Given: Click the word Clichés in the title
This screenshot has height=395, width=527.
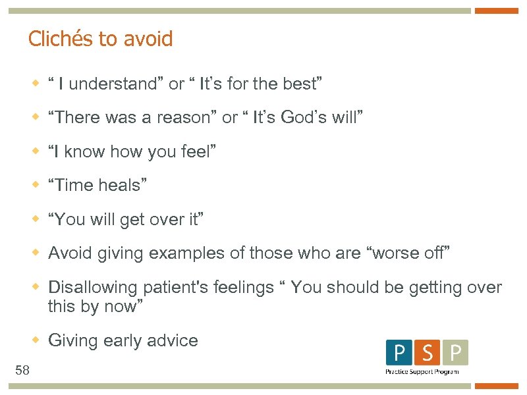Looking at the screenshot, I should (x=61, y=39).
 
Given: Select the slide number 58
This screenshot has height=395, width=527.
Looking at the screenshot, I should (x=22, y=371).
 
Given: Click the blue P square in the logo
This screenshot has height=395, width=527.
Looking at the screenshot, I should (x=400, y=353).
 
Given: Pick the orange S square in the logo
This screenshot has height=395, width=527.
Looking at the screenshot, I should (x=427, y=353).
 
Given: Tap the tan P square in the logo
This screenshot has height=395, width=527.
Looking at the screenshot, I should (x=455, y=353).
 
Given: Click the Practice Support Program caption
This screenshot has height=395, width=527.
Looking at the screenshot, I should (x=422, y=372).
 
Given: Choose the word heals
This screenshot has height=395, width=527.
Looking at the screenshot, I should (x=119, y=186).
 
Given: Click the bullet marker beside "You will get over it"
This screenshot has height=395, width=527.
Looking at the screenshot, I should (x=38, y=219).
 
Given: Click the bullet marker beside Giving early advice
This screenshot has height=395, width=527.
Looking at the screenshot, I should (x=38, y=340).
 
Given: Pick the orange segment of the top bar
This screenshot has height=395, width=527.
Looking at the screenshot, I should (x=497, y=11).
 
